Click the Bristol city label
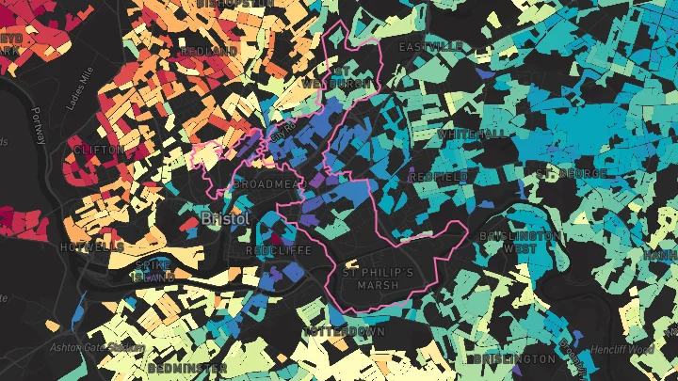225,218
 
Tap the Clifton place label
98,150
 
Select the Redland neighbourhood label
208,51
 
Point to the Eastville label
430,46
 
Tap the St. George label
570,173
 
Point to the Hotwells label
91,246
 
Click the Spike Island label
153,271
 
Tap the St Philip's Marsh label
379,279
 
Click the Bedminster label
186,367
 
